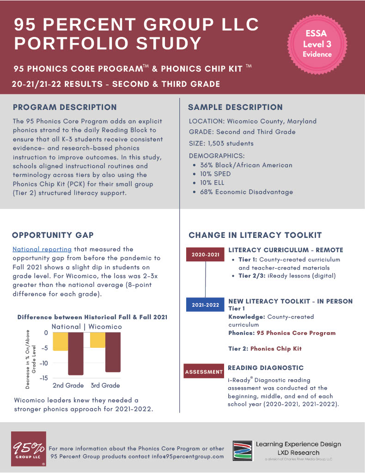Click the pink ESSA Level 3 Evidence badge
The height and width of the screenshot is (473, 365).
tap(317, 44)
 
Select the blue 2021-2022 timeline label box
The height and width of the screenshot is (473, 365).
tap(206, 305)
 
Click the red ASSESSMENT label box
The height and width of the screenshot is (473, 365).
tap(204, 371)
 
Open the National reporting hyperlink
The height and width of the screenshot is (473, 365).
tap(42, 249)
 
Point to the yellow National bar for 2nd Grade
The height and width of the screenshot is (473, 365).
tap(60, 342)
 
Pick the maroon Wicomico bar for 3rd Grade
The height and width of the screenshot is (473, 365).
tap(113, 352)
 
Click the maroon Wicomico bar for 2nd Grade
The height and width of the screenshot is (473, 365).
tap(75, 354)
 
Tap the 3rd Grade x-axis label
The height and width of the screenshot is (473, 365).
tap(105, 385)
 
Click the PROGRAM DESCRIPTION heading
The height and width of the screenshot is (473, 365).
tap(65, 107)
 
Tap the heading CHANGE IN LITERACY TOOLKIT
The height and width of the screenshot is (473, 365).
tap(255, 235)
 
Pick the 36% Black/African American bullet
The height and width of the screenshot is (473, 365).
tap(246, 165)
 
